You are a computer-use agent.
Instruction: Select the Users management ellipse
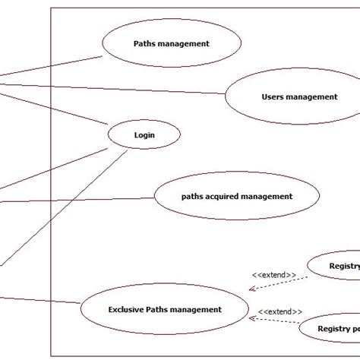tap(288, 97)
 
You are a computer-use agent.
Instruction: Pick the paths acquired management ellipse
tap(236, 196)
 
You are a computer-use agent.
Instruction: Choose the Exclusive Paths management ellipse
tap(164, 309)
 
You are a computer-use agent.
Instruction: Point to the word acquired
tap(220, 196)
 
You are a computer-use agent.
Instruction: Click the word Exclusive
tap(127, 309)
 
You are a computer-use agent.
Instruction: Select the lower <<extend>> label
tap(279, 311)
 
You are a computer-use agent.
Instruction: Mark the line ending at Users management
tap(114, 88)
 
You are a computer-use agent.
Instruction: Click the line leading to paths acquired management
tap(76, 199)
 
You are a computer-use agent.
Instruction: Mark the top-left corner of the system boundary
tap(51, 9)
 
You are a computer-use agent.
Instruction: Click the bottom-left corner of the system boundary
tap(51, 355)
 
